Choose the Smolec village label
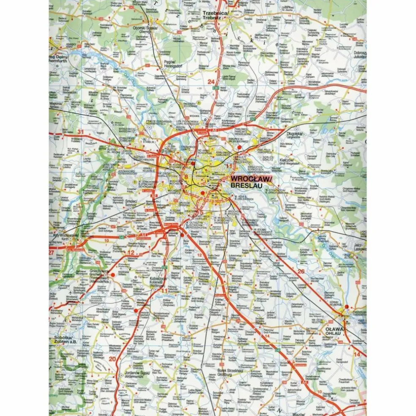(x=131, y=202)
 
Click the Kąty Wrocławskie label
(x=65, y=236)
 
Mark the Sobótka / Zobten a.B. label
(x=65, y=339)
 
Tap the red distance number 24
(x=211, y=82)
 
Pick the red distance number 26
(x=301, y=271)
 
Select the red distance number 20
(x=112, y=359)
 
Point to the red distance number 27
(x=52, y=252)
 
